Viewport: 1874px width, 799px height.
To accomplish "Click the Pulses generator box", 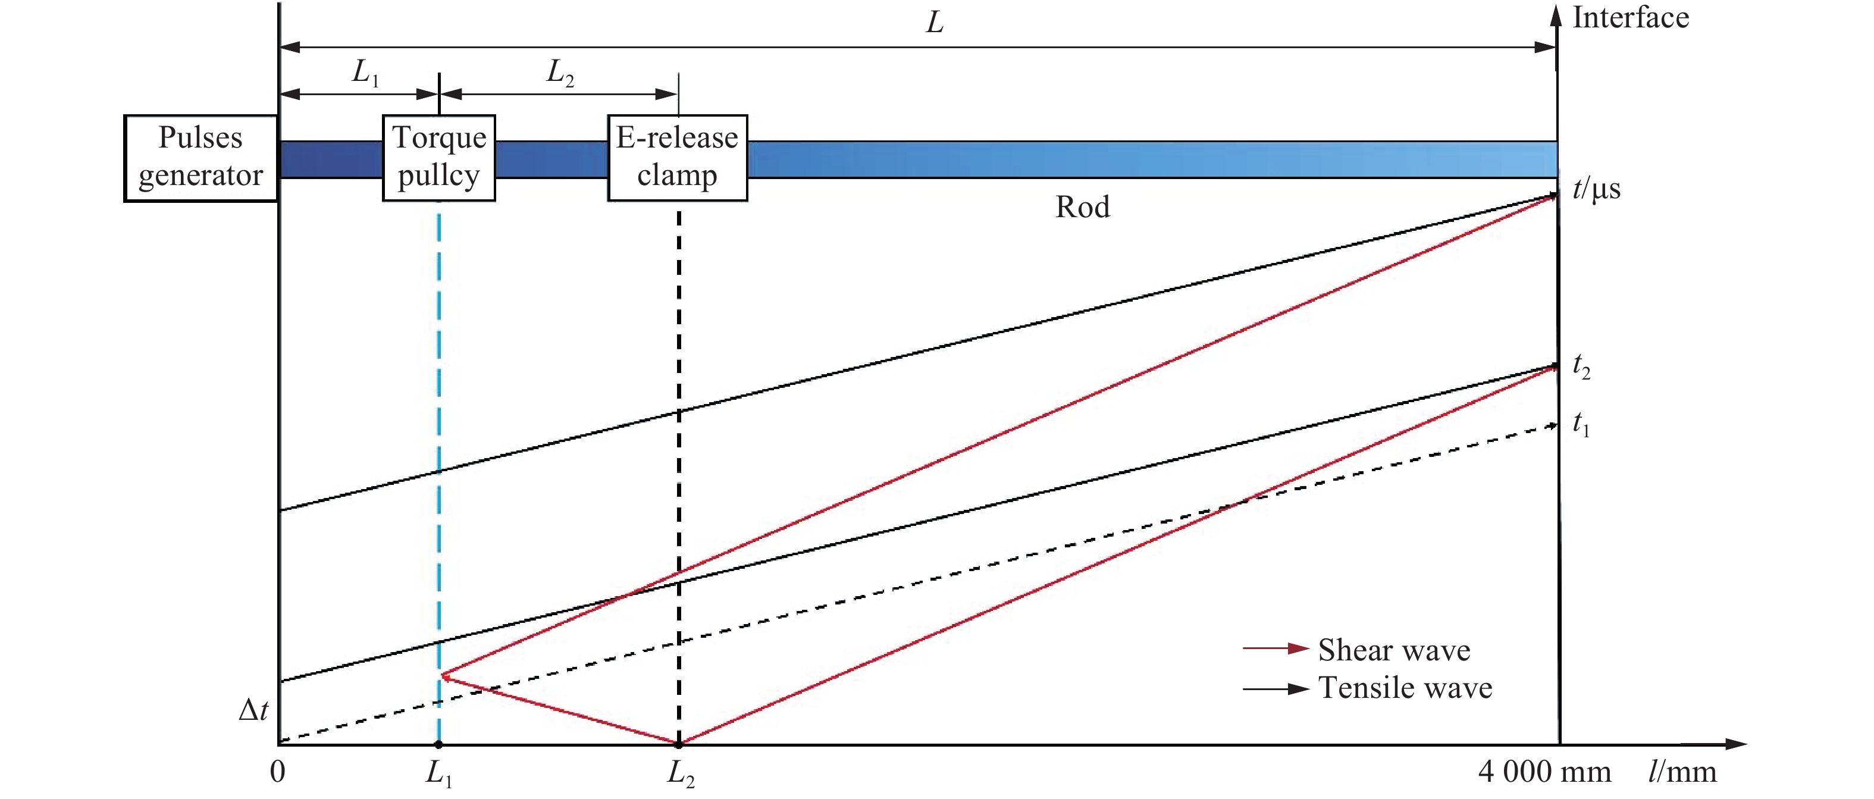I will pos(201,157).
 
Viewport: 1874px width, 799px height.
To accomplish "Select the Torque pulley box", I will pos(438,157).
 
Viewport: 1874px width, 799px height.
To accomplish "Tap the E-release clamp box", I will pos(677,157).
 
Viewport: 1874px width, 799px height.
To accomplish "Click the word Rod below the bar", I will pos(1083,208).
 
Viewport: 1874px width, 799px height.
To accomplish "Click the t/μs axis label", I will pos(1596,189).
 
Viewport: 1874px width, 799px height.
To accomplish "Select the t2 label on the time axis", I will pos(1581,365).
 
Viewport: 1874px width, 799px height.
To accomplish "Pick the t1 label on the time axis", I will pos(1581,423).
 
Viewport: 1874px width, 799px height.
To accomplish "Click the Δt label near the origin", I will pos(253,710).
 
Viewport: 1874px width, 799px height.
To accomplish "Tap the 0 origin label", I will pos(277,772).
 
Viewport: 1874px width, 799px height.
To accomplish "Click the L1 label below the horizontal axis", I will pos(438,773).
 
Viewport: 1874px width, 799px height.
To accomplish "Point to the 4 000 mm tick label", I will pos(1544,772).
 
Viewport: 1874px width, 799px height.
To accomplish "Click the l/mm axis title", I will pos(1682,772).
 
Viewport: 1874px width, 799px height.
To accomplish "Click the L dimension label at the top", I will pos(935,23).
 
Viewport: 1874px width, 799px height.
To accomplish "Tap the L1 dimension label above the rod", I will pos(365,73).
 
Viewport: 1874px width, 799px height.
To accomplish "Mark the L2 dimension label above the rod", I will pos(560,73).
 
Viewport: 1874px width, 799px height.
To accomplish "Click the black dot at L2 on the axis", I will pos(679,744).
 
